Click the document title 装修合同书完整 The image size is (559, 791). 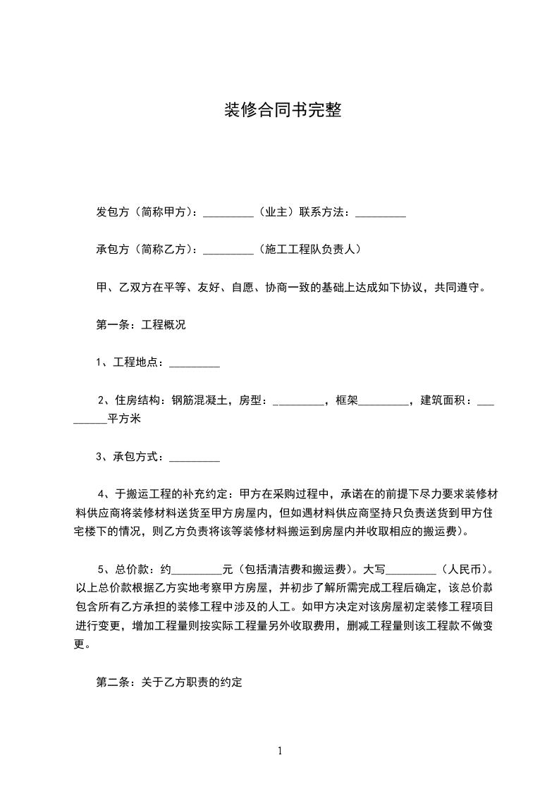click(283, 111)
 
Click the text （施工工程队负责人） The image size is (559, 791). click(309, 250)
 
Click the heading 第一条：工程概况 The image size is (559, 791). click(141, 326)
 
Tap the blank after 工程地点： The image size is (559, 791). click(195, 365)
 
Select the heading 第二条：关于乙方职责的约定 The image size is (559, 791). click(169, 682)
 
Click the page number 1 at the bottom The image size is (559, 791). click(280, 751)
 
